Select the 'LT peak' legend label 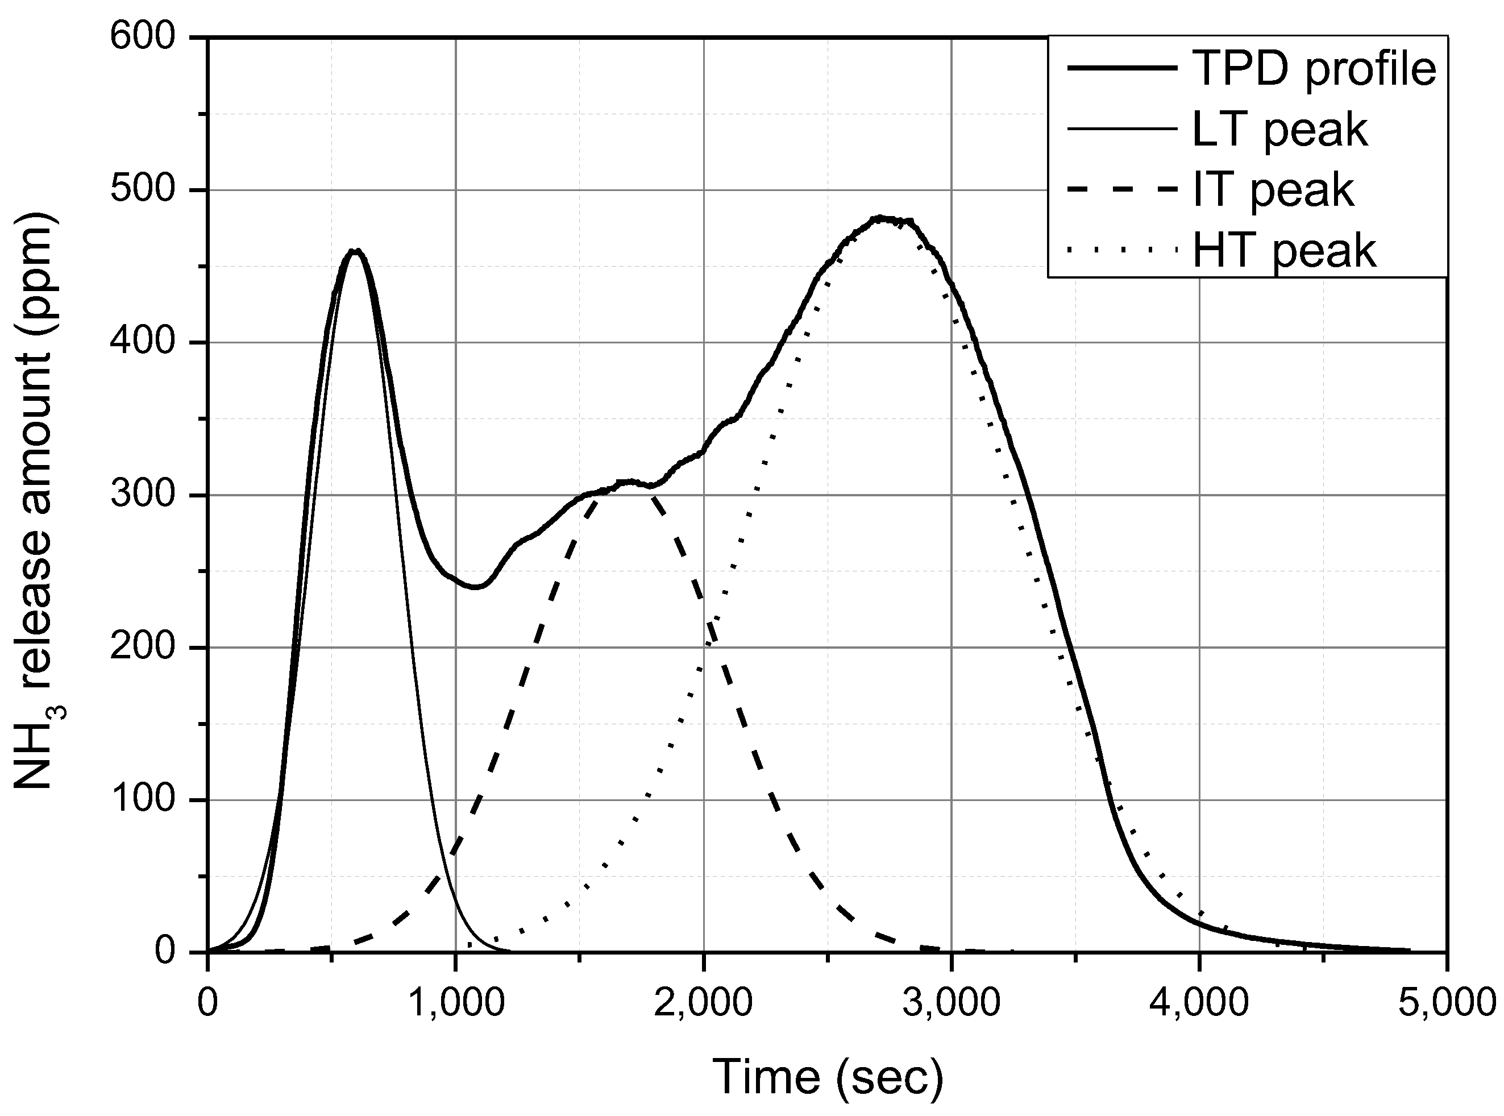tap(1280, 130)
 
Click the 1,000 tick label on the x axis tap(456, 1002)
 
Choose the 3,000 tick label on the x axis tap(952, 1002)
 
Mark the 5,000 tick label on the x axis tap(1445, 1002)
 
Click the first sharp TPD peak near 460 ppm tap(356, 251)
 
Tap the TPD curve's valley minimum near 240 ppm tap(476, 586)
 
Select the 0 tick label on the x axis tap(208, 1002)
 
